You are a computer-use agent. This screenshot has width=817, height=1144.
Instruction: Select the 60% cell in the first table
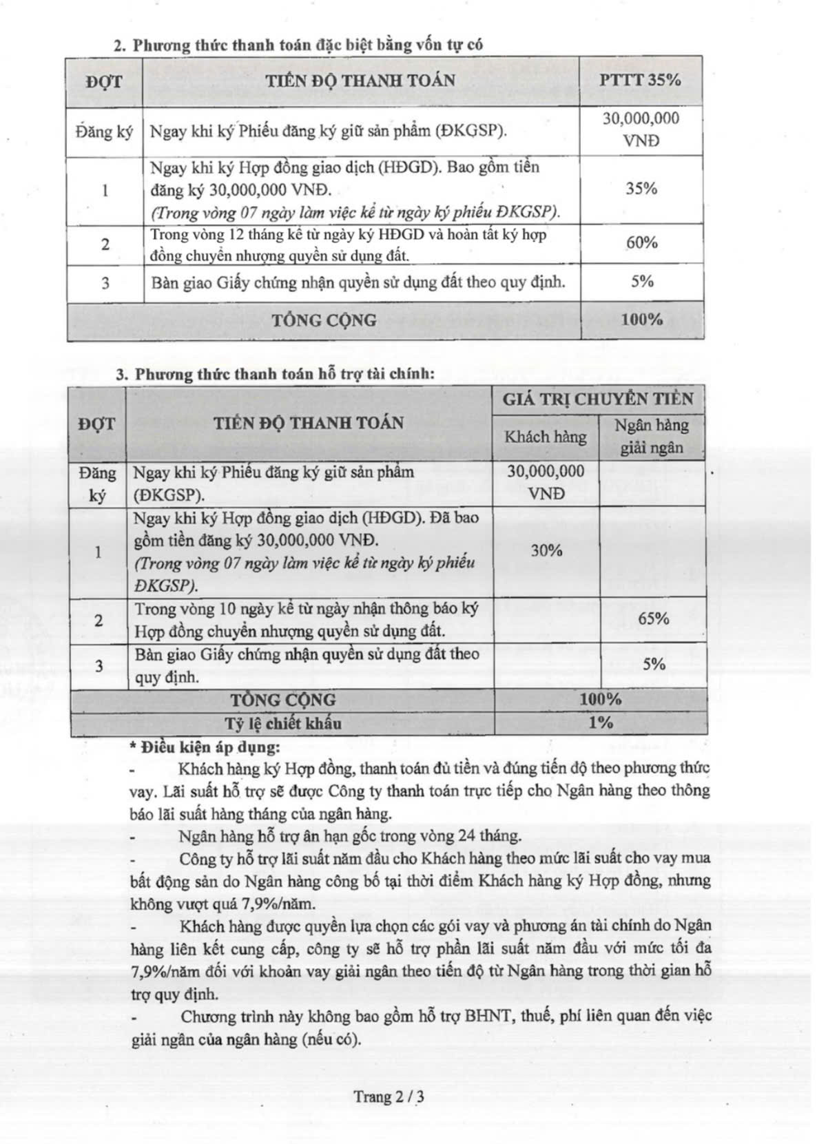click(641, 242)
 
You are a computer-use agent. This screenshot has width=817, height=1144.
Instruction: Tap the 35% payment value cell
click(641, 188)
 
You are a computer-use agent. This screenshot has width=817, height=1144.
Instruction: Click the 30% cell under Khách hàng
click(546, 550)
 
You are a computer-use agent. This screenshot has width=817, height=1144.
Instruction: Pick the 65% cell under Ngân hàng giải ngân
click(653, 618)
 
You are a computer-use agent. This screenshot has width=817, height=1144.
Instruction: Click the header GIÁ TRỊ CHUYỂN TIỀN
click(597, 399)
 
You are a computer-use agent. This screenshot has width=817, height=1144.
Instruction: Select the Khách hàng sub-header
click(546, 437)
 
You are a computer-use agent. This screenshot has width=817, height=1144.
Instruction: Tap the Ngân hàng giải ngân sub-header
click(652, 436)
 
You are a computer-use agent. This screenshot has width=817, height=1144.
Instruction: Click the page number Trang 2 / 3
click(389, 1096)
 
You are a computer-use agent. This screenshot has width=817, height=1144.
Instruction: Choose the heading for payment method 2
click(298, 45)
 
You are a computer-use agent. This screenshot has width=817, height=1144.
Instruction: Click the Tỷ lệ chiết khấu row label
click(282, 722)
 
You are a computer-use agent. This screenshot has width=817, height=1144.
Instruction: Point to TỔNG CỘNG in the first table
click(324, 320)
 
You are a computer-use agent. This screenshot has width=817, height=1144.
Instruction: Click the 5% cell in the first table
click(641, 281)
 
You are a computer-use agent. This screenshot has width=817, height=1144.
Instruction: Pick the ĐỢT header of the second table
click(97, 423)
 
